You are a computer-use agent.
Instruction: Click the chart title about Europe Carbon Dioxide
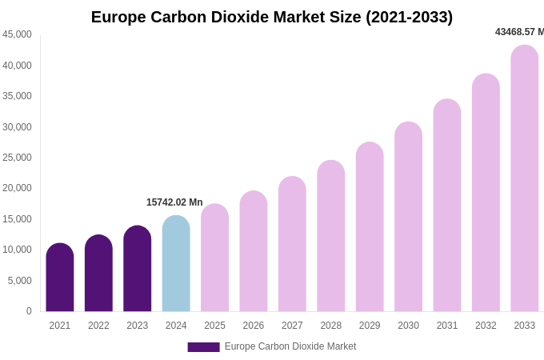[x=272, y=17]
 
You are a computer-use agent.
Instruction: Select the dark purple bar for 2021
[x=60, y=278]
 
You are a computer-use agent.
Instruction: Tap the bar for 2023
[x=138, y=269]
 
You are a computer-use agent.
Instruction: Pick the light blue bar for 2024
[x=176, y=264]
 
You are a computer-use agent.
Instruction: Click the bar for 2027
[x=292, y=244]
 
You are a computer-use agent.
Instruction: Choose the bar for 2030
[x=408, y=217]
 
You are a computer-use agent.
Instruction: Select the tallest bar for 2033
[x=525, y=178]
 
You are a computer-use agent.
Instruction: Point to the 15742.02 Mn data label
[x=174, y=202]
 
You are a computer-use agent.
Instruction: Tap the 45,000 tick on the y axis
[x=18, y=34]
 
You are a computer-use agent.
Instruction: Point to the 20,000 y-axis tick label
[x=18, y=188]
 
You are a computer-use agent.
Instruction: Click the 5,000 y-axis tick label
[x=20, y=281]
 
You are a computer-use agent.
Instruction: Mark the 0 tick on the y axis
[x=29, y=311]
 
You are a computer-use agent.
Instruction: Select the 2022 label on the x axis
[x=98, y=326]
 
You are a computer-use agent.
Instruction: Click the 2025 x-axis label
[x=214, y=326]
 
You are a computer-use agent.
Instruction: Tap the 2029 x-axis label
[x=370, y=326]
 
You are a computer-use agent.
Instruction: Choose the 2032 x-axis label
[x=486, y=326]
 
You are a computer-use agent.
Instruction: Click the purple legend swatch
[x=203, y=347]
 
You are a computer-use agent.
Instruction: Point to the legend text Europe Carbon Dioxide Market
[x=290, y=346]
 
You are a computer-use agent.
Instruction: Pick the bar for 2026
[x=254, y=251]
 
